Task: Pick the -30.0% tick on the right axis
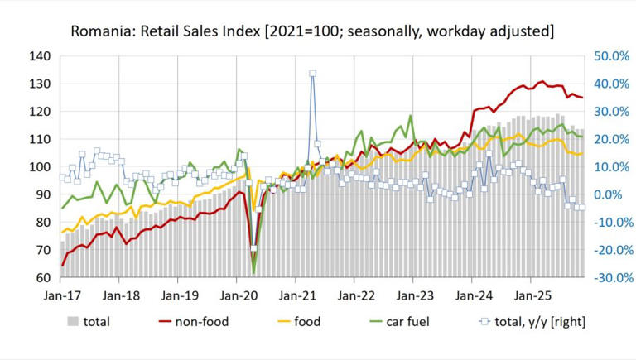[x=609, y=278]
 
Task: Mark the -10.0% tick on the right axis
[x=609, y=223]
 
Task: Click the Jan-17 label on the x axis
[x=61, y=294]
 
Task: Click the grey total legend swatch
[x=74, y=321]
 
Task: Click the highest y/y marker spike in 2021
[x=312, y=73]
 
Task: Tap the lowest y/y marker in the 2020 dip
[x=253, y=248]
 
